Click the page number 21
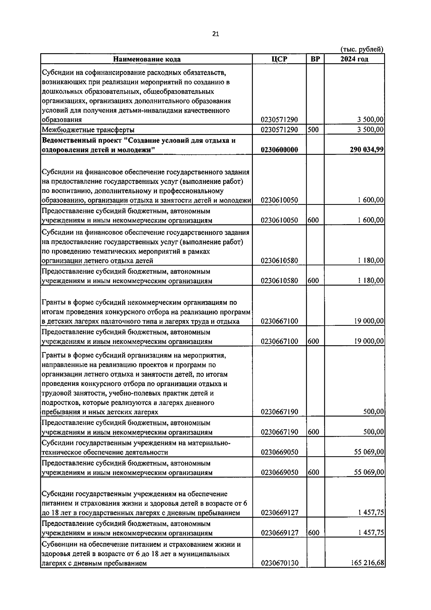tap(215, 34)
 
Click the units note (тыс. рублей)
tap(362, 50)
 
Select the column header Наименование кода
tap(147, 59)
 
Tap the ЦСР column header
tap(279, 59)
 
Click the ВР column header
tap(315, 59)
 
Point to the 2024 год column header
tap(354, 59)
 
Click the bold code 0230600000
tap(279, 150)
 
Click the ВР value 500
tap(313, 130)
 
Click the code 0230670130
tap(279, 563)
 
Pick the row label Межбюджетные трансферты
tap(88, 130)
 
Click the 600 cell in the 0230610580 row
tap(313, 281)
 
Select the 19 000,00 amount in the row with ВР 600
tap(369, 341)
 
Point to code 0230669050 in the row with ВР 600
tap(279, 472)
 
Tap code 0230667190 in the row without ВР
tap(279, 412)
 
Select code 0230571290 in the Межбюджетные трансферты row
tap(279, 130)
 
